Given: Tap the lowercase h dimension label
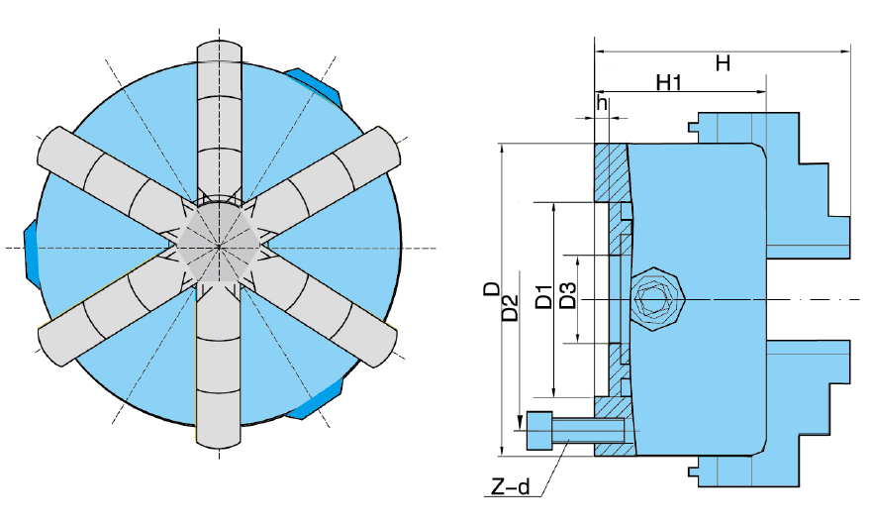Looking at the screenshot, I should (600, 103).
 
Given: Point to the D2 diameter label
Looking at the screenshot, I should (511, 307).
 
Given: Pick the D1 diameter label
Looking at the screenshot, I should (543, 297).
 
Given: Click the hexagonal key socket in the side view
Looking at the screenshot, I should (655, 298).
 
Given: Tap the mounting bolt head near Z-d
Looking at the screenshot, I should (539, 431).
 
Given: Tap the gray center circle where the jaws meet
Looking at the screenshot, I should (220, 246).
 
